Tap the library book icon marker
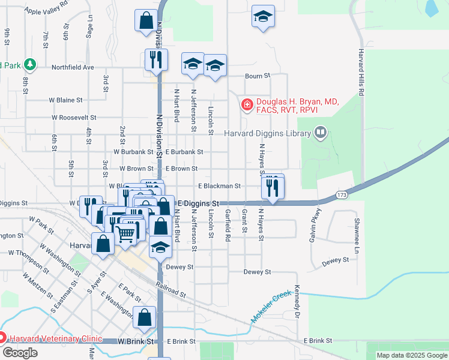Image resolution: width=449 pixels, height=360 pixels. (x=321, y=132)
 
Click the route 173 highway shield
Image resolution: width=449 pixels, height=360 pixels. (x=342, y=195)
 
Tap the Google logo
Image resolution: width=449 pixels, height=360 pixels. (x=20, y=353)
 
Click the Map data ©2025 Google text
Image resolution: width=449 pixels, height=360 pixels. (x=411, y=355)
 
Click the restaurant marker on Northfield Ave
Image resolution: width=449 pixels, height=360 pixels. (x=156, y=60)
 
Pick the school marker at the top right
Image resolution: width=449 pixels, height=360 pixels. (x=263, y=17)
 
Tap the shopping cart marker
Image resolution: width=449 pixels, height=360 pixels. (x=125, y=232)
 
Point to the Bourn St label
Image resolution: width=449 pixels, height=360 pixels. (x=258, y=76)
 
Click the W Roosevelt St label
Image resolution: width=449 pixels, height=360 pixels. (x=74, y=118)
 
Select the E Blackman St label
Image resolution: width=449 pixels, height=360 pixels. (x=219, y=187)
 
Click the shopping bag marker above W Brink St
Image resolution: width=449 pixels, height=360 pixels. (x=145, y=319)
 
